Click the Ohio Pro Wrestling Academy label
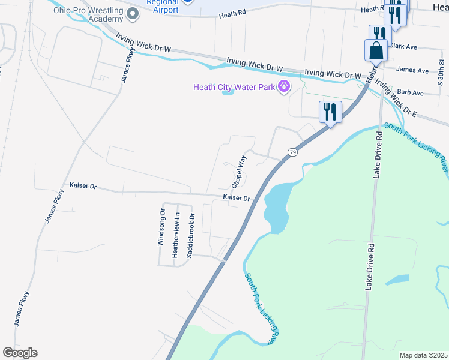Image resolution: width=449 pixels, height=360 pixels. coord(88,14)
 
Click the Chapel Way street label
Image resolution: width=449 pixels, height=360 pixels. coord(239,170)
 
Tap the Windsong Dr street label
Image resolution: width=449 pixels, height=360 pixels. coord(161,227)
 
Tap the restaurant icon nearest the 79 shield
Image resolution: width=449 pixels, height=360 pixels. coord(330,112)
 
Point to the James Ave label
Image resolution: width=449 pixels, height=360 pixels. coord(412,70)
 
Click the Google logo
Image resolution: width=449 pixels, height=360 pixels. coord(20,353)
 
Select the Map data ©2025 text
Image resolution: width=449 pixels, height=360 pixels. coord(423,355)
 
